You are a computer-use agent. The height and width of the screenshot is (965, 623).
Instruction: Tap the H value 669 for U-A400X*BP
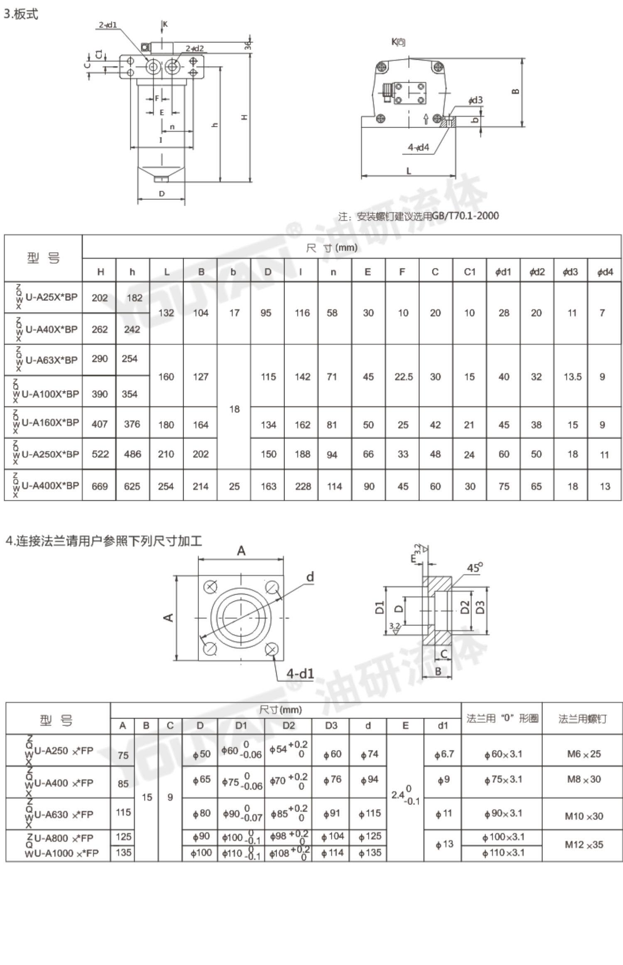click(x=100, y=486)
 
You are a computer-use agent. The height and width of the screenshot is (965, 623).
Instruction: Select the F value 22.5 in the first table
click(x=403, y=377)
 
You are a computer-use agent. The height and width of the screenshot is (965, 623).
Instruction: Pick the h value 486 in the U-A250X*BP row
click(x=132, y=454)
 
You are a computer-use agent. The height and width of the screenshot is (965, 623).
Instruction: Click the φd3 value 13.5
click(x=572, y=377)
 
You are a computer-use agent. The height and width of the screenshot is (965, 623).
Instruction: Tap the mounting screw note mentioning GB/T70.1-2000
click(x=418, y=216)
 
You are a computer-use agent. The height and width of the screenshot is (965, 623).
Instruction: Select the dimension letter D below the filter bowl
click(x=162, y=194)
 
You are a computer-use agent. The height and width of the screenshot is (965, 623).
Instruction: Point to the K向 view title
click(x=398, y=42)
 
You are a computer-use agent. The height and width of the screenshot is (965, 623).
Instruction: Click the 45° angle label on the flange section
click(x=475, y=568)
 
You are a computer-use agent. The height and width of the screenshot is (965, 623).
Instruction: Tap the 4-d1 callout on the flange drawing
click(x=300, y=674)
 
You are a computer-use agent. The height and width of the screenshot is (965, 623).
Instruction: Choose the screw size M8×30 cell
click(x=584, y=780)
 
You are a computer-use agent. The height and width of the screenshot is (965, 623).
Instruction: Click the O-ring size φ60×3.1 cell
click(x=503, y=754)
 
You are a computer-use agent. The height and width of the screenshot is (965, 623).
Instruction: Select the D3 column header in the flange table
click(x=331, y=726)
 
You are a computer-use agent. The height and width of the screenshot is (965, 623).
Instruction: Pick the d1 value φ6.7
click(x=444, y=754)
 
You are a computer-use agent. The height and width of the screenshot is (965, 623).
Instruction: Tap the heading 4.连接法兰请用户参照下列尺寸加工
click(x=104, y=541)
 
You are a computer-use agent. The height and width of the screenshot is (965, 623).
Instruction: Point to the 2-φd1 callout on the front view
click(x=108, y=25)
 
